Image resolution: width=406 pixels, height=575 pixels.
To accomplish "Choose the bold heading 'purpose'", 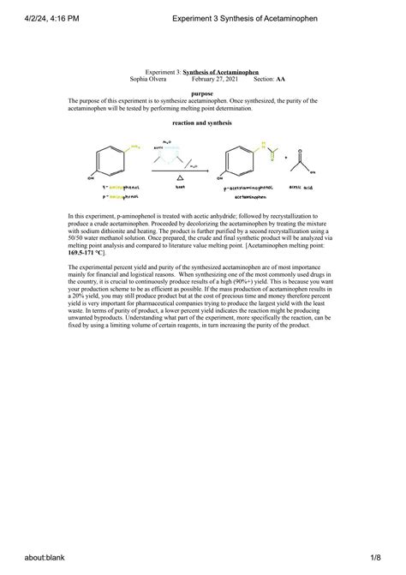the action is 203,93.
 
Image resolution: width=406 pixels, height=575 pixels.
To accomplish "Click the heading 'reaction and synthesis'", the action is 202,123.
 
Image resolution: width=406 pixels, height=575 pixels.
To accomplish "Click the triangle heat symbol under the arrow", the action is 180,178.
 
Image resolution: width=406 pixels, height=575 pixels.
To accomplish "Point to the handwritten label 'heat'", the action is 180,186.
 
